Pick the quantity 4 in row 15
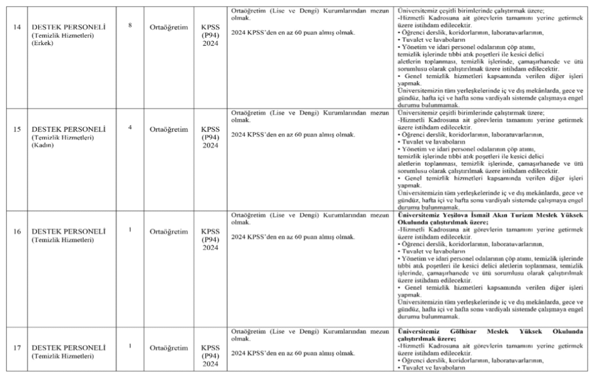point(130,126)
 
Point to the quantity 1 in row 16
point(130,229)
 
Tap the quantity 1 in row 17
point(130,346)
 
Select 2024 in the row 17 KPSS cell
point(210,364)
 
